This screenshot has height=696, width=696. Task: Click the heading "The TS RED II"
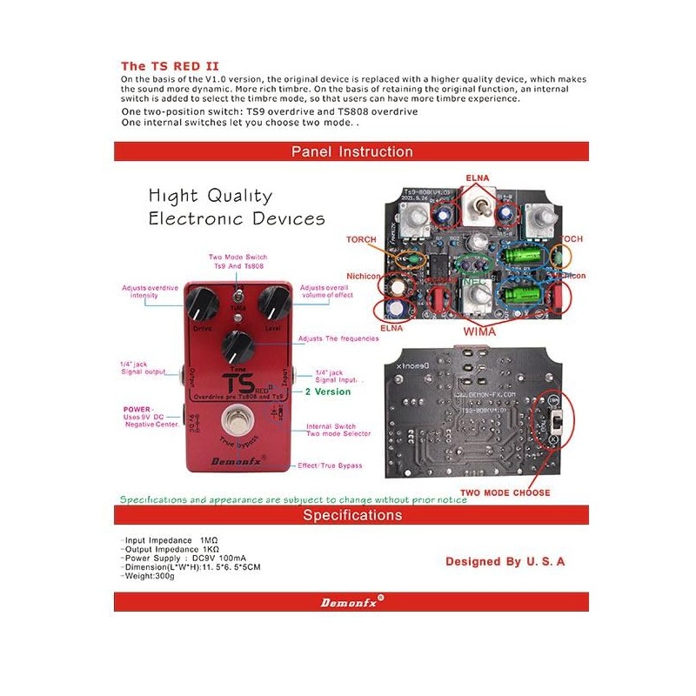point(170,65)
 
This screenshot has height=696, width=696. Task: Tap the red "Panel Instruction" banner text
point(351,151)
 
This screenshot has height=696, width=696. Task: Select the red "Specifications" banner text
point(352,515)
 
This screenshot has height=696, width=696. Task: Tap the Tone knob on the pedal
point(237,345)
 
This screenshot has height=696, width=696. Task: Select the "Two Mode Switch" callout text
point(238,258)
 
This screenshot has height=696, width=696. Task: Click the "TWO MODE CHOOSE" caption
point(505,492)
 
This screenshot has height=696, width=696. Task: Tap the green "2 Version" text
point(328,391)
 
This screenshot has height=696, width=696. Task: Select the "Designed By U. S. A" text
point(505,561)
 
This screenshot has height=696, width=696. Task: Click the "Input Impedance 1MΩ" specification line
point(171,540)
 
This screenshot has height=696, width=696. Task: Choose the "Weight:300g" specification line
point(151,575)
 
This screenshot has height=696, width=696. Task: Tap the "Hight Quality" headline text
point(210,196)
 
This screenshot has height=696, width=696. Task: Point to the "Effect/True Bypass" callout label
point(330,465)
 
